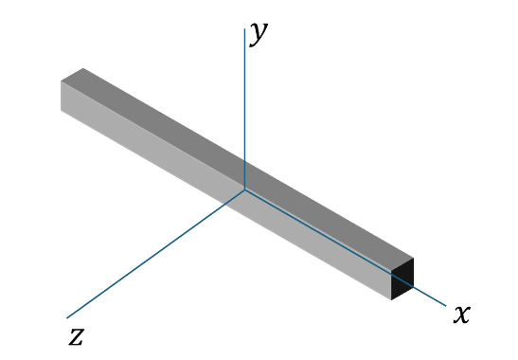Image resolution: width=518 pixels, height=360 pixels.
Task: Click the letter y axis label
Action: point(259,34)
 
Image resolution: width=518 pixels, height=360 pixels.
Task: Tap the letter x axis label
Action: point(462,314)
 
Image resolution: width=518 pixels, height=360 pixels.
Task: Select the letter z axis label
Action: point(77,336)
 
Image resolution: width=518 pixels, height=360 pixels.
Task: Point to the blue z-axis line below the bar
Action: point(147,261)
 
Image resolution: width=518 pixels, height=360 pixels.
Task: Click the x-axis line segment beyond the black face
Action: point(430,297)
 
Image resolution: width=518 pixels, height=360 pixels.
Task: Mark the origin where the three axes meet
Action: point(244,189)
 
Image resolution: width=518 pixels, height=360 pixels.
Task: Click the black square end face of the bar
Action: point(402,279)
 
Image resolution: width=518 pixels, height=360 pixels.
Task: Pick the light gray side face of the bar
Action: point(226,190)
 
